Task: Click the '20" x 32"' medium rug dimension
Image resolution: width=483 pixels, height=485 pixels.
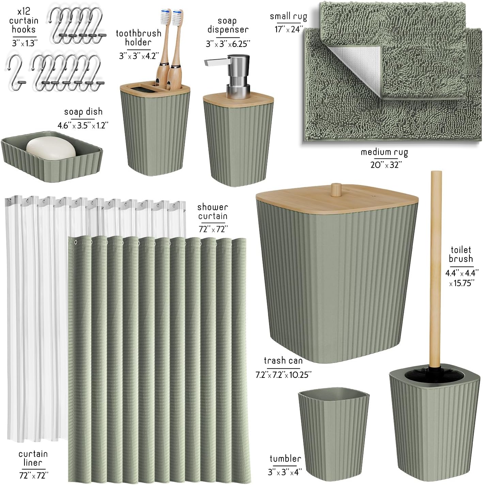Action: tap(386, 165)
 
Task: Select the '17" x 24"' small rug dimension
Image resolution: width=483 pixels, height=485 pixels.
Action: tap(289, 29)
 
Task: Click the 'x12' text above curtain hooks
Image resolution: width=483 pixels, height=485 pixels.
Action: tap(24, 11)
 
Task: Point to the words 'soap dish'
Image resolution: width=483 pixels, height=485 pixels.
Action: tap(83, 112)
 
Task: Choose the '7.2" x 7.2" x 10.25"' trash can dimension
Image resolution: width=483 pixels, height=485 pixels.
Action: tap(283, 375)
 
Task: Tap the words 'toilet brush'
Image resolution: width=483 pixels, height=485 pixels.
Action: tap(461, 254)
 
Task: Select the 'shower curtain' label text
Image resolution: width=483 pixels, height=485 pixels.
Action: tap(213, 212)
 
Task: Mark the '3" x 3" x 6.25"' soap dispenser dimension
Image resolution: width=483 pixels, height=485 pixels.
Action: tap(228, 44)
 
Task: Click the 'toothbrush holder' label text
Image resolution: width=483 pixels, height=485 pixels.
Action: tap(138, 37)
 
